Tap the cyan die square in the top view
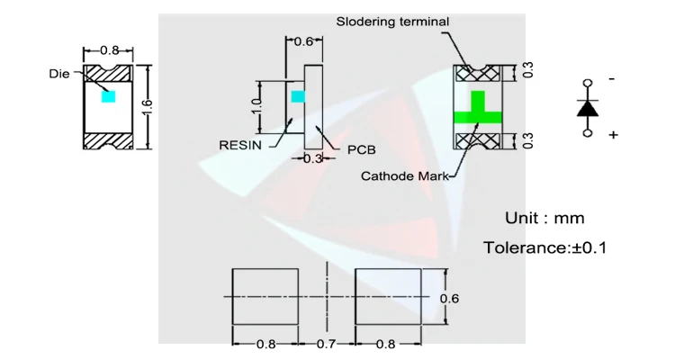click(108, 95)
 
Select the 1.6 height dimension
click(148, 106)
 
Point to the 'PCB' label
click(361, 150)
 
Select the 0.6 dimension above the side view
click(304, 41)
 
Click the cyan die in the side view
click(299, 95)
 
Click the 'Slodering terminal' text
click(392, 21)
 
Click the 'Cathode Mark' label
click(404, 176)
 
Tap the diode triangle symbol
click(588, 107)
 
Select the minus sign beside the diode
click(612, 79)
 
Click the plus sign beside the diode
click(613, 135)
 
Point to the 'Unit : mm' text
click(544, 218)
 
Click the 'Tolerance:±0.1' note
click(545, 247)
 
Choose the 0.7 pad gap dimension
click(327, 344)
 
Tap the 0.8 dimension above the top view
click(109, 50)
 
